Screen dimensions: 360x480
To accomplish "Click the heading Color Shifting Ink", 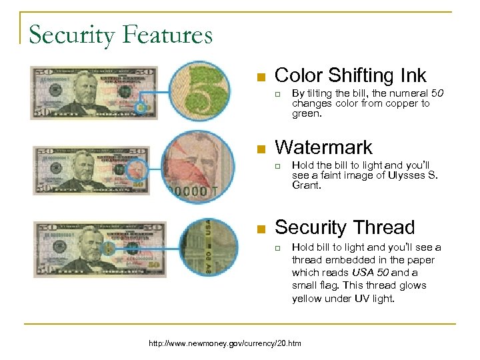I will [x=351, y=75].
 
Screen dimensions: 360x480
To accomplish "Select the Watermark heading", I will [x=323, y=147].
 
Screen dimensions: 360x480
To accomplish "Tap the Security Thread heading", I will [x=345, y=227].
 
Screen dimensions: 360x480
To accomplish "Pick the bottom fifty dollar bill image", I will [x=99, y=247].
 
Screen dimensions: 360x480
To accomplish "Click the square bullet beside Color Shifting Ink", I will [x=262, y=75].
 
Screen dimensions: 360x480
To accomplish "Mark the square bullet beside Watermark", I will [x=262, y=147].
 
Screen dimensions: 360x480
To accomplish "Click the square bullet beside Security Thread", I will [x=262, y=229].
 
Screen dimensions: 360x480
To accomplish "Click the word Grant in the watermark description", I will [x=306, y=186].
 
